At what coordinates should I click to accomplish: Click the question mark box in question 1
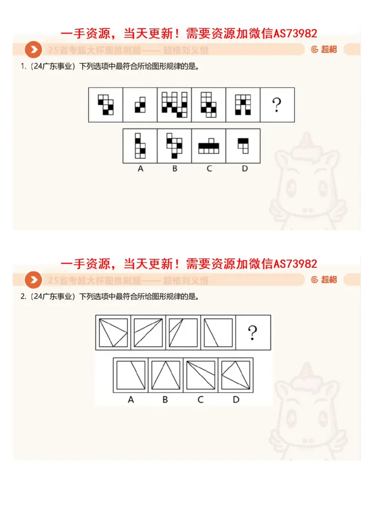point(277,105)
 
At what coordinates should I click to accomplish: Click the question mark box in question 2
point(253,332)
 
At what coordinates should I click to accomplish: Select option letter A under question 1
point(140,169)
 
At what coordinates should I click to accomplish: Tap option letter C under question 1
point(209,169)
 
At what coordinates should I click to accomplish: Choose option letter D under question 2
point(236,399)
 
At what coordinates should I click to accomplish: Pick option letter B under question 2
point(166,399)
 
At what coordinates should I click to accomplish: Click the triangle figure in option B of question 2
point(166,375)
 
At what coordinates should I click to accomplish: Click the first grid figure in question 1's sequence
point(106,105)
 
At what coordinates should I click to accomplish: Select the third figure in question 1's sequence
point(174,105)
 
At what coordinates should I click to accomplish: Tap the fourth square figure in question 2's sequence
point(218,332)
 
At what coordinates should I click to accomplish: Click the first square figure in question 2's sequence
point(113,332)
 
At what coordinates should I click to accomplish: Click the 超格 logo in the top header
point(324,49)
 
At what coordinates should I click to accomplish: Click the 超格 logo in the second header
point(324,280)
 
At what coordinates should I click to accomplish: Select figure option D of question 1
point(243,145)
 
